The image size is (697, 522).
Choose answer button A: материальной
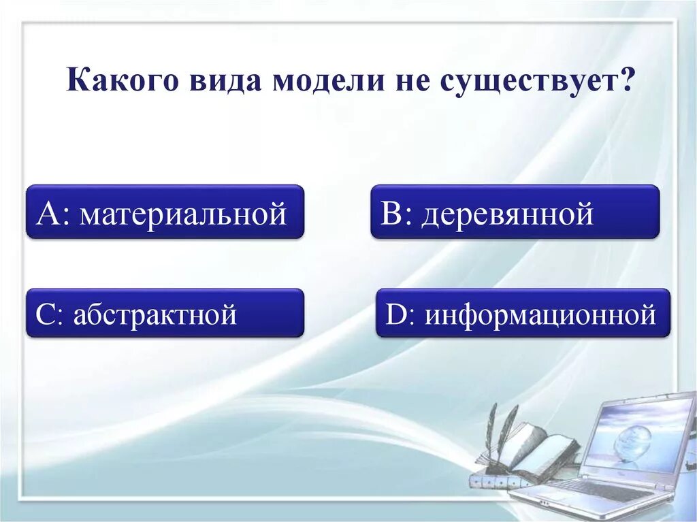pos(165,212)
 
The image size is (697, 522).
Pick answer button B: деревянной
pos(515,212)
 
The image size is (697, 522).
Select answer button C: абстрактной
pos(165,312)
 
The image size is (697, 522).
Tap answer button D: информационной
pos(523,312)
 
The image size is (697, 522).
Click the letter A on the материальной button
pos(50,214)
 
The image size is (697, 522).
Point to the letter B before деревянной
pos(393,214)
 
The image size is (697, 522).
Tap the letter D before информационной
pos(395,314)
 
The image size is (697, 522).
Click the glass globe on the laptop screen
pos(632,442)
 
